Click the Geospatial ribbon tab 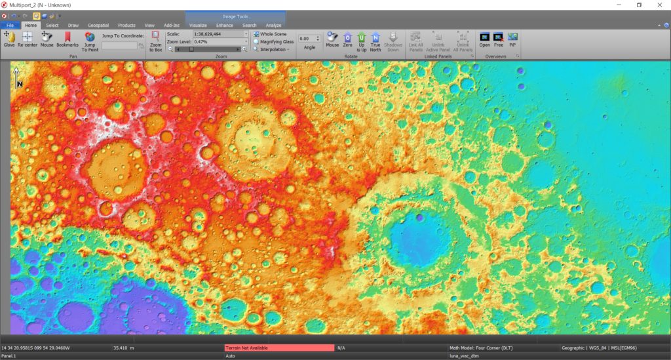[98, 25]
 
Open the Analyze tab [273, 25]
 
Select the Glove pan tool [9, 39]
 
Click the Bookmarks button [67, 39]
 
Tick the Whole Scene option [256, 33]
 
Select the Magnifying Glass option [256, 41]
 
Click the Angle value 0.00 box [305, 39]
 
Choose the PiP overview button [512, 39]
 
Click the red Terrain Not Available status [279, 348]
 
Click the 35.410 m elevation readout [123, 348]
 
